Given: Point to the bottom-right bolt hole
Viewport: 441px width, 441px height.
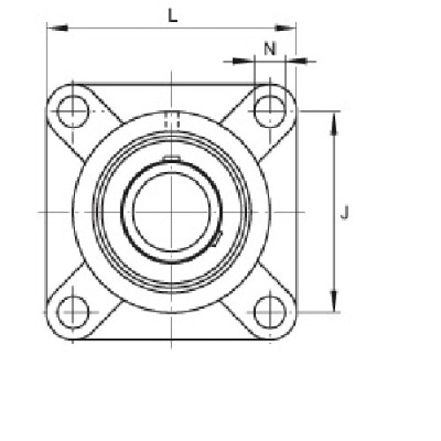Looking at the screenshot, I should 268,311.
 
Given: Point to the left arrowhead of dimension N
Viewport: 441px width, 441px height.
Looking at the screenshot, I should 247,61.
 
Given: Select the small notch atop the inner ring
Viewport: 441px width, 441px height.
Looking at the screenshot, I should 170,159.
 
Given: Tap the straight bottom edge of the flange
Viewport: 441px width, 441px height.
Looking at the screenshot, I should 170,340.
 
